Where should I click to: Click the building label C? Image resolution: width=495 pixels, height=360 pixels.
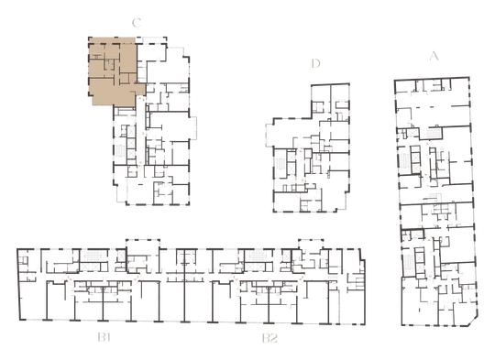coord(137,23)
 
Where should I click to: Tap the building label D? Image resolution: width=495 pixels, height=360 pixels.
coord(315,63)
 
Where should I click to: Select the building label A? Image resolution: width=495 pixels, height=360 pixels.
coord(434,56)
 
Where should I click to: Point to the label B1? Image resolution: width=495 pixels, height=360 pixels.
coord(104,338)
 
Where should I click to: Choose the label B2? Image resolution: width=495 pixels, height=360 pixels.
coord(269,338)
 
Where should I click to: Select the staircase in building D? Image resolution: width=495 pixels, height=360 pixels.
coord(280,164)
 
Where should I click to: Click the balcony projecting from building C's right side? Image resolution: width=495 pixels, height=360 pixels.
coord(193,127)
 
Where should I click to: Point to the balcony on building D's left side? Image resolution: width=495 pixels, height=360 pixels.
coord(269,136)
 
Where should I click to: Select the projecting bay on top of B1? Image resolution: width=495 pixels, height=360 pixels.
coord(143,245)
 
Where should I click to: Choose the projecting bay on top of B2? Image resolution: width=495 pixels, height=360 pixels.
coord(311,244)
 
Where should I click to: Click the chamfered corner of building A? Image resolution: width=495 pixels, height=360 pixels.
coord(473,321)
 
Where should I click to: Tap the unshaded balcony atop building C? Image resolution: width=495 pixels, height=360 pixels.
coord(151,40)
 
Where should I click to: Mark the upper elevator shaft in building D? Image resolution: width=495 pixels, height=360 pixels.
coord(291,157)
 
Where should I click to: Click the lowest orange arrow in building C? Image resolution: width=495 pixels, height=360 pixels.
coord(140,163)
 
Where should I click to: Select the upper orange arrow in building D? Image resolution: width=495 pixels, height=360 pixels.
coord(301,152)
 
